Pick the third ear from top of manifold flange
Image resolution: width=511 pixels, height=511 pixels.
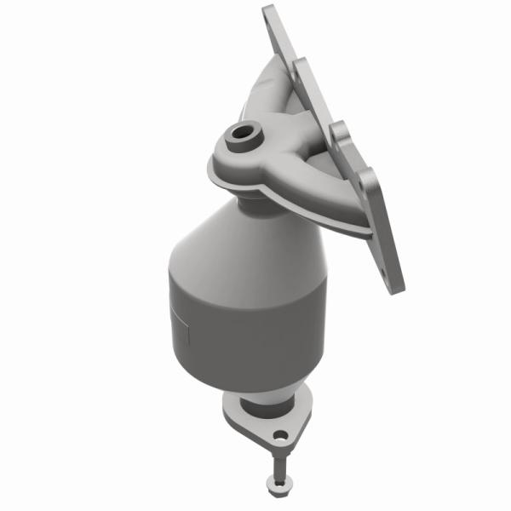click(340, 132)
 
